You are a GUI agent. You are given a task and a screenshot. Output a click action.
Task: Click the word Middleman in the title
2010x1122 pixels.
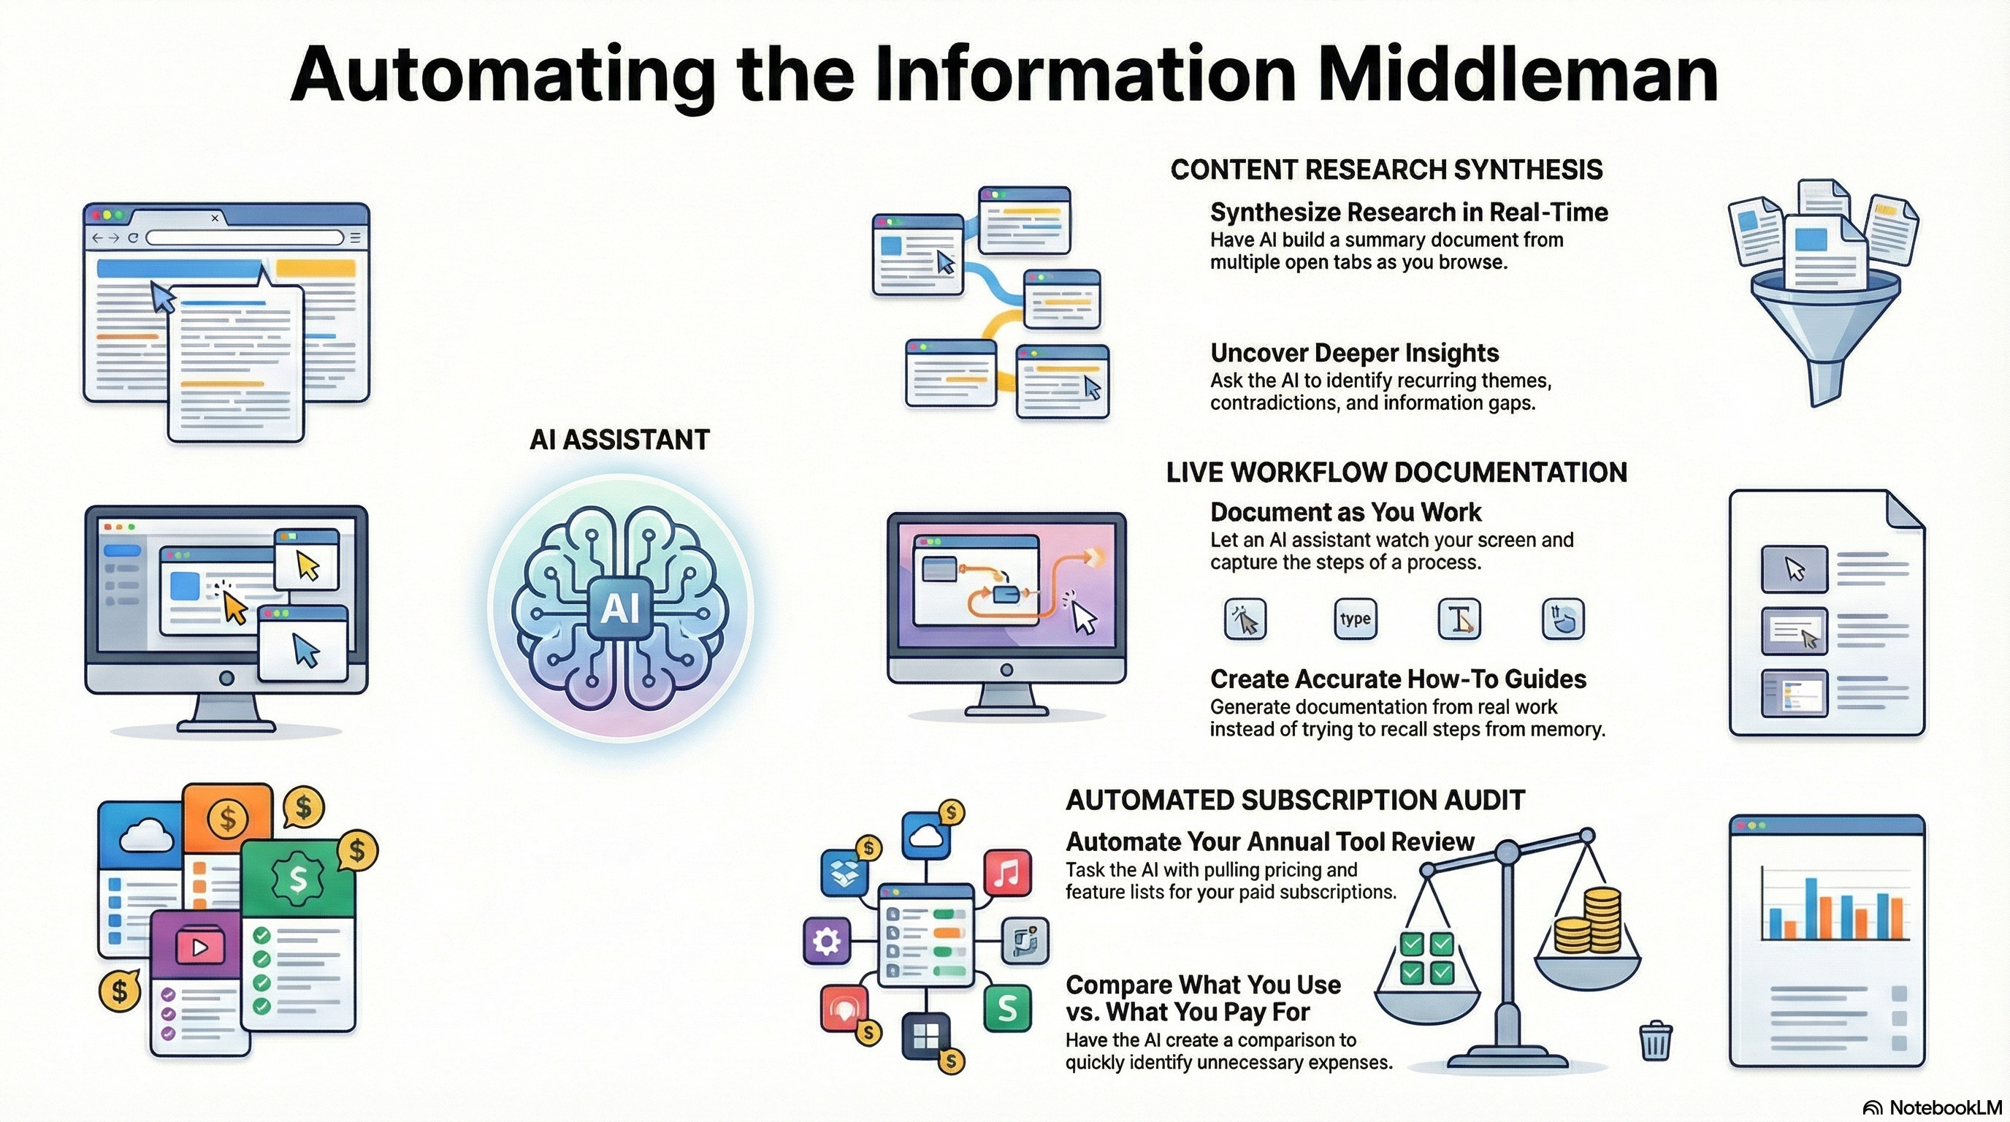1518,74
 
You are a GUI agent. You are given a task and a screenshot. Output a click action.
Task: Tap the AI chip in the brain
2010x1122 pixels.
620,607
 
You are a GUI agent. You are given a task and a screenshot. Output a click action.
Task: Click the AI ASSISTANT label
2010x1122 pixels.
619,440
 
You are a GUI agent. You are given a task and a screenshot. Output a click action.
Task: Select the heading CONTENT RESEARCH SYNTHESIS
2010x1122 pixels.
1386,170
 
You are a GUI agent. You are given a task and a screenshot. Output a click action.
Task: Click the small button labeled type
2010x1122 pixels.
1356,619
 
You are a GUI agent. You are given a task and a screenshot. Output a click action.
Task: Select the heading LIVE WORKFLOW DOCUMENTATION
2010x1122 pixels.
1396,473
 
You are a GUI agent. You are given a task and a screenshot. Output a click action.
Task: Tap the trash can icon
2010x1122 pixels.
1655,1041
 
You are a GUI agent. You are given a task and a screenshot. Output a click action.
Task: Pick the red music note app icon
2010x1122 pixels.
1006,872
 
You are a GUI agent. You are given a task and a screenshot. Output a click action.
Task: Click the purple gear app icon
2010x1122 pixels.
825,941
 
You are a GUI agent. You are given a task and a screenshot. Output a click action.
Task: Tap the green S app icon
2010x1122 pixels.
1006,1008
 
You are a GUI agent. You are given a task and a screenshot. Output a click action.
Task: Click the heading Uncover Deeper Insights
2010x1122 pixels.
1354,354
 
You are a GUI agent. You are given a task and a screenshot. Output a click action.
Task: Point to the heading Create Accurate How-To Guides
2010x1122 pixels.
1397,679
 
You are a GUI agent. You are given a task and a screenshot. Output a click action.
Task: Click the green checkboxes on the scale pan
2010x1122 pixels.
1426,958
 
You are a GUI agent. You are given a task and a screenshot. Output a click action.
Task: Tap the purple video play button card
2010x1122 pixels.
199,947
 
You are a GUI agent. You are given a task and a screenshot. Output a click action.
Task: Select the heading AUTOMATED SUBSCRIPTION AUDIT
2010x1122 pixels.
1294,801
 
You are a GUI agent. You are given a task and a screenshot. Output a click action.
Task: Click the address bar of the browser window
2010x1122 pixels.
244,237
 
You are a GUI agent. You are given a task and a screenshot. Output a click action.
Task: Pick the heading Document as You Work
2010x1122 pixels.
1345,513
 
